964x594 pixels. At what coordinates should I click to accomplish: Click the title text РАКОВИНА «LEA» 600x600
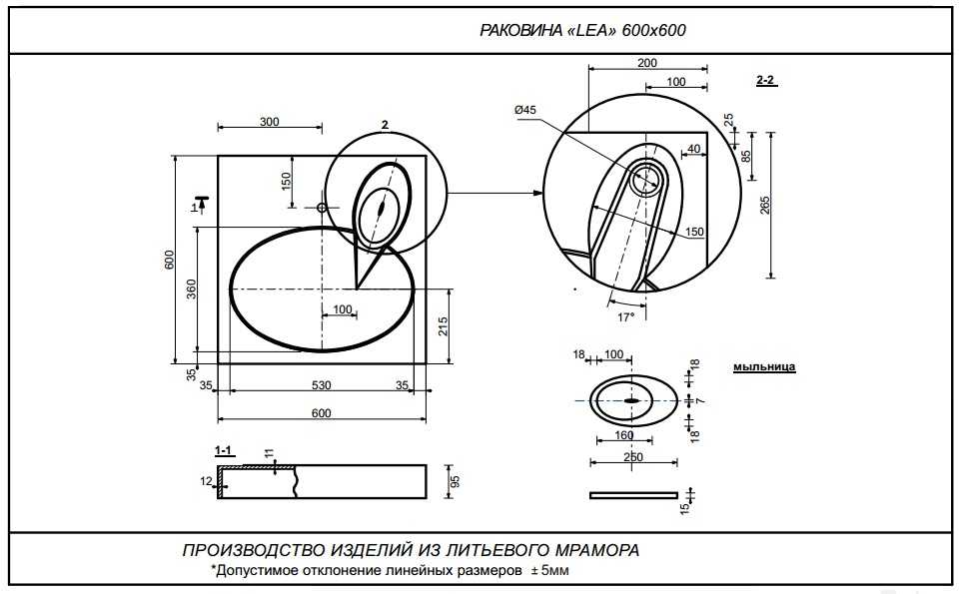click(x=583, y=30)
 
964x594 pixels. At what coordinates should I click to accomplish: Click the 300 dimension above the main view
click(x=269, y=122)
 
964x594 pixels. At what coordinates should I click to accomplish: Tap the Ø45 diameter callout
click(x=525, y=110)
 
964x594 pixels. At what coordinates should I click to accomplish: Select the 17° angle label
click(x=625, y=316)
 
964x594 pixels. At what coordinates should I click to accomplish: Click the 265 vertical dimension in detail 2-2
click(x=765, y=205)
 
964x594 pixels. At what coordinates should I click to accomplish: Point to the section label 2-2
click(x=767, y=78)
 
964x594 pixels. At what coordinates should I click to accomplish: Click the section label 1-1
click(x=224, y=450)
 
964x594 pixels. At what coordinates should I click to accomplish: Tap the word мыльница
click(x=764, y=367)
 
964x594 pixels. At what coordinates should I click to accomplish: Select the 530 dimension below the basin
click(x=321, y=384)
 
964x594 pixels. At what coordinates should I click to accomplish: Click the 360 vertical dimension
click(x=191, y=291)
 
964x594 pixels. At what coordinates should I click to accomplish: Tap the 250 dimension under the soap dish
click(x=631, y=457)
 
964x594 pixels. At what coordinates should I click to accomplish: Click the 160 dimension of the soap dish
click(x=623, y=435)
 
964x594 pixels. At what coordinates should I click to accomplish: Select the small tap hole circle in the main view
click(x=322, y=208)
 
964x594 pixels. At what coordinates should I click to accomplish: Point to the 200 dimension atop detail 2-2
click(x=647, y=63)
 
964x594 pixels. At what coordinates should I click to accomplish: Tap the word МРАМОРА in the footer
click(x=589, y=550)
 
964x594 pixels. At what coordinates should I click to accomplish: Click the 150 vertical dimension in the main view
click(x=286, y=181)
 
